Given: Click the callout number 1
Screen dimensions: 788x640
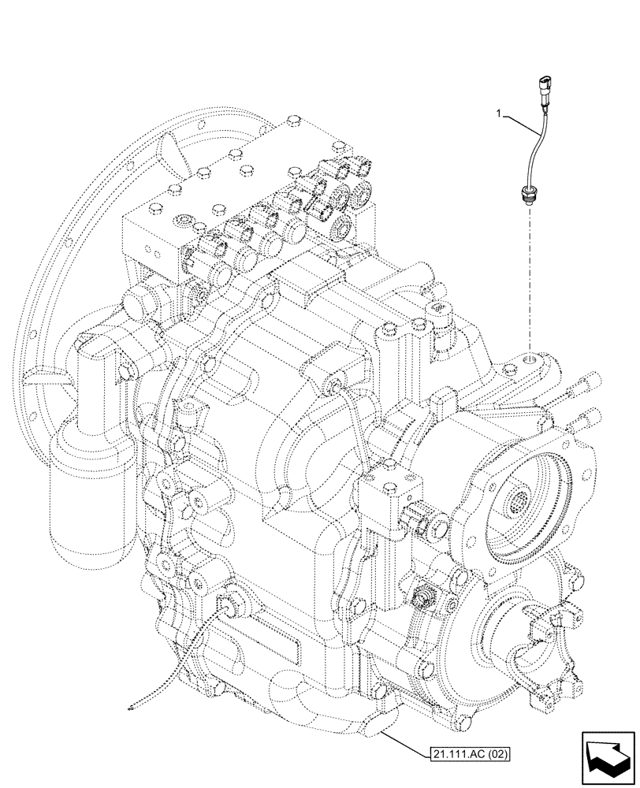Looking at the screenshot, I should tap(497, 115).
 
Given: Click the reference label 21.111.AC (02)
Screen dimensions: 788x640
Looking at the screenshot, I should tap(471, 754).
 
